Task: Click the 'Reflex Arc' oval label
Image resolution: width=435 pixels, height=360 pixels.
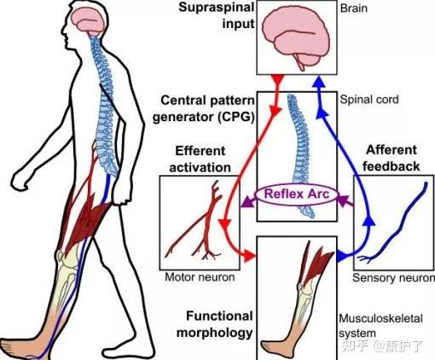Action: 297,195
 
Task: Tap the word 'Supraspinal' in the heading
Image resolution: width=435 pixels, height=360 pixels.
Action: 216,8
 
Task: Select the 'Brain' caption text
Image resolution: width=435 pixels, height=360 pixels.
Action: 354,8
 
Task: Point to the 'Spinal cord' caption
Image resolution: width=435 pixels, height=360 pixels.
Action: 369,99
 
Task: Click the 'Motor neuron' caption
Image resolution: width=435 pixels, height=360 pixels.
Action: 200,277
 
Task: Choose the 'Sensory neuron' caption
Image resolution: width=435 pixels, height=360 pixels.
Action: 393,277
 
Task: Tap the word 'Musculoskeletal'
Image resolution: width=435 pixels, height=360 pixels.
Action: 380,318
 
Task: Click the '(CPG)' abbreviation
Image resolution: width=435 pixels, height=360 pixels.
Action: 236,117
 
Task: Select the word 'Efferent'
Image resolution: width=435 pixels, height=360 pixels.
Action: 200,151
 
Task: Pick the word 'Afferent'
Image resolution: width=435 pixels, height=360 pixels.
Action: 391,150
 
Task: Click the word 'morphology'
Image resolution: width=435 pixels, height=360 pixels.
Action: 215,333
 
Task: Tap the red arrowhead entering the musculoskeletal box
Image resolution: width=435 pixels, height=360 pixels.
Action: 249,256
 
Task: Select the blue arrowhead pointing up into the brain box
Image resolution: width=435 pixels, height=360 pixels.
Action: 319,81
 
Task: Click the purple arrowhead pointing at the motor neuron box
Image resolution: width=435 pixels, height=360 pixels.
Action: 247,201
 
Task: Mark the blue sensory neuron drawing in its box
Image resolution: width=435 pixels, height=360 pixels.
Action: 393,223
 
